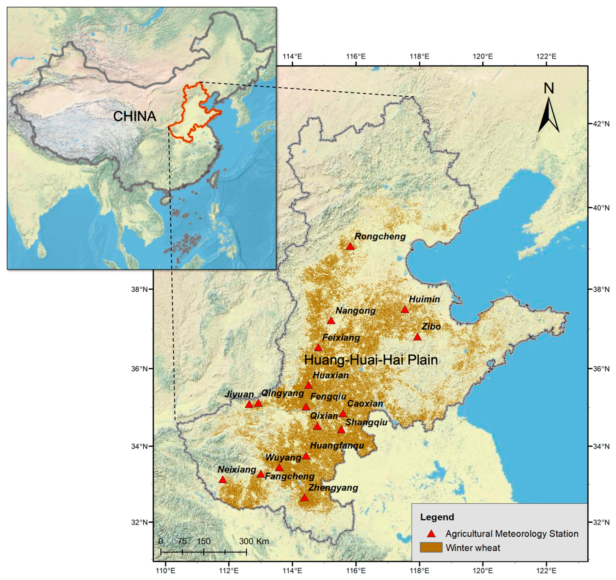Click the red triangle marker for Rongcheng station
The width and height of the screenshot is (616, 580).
[350, 246]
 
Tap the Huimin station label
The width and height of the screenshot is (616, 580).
[424, 299]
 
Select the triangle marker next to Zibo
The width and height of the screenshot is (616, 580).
[417, 337]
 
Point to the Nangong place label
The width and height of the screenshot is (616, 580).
[355, 311]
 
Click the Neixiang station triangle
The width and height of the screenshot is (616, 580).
[222, 480]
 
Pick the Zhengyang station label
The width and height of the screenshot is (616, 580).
[333, 488]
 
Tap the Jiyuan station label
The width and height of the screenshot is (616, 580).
[239, 394]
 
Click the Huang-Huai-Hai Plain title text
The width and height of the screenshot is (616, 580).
[371, 360]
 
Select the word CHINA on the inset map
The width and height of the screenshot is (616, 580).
[134, 116]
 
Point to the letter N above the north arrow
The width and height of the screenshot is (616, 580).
[549, 88]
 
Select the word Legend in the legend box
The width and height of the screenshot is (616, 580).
[437, 517]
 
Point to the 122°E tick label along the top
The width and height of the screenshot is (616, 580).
[546, 56]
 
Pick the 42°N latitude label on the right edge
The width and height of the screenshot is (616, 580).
[601, 124]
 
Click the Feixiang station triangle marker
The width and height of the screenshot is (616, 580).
[318, 348]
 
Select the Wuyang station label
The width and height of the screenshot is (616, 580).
[283, 458]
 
